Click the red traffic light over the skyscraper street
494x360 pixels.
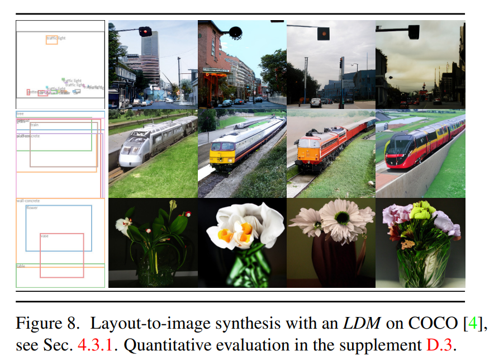click(145, 32)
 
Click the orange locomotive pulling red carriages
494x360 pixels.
click(309, 150)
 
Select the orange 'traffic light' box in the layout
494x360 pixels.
click(51, 40)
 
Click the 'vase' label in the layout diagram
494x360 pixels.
click(45, 236)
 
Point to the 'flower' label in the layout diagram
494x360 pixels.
click(32, 207)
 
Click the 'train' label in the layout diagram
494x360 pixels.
click(35, 125)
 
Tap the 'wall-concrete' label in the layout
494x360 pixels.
click(28, 201)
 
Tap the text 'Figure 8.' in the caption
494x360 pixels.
click(49, 323)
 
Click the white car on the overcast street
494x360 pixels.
click(316, 102)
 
